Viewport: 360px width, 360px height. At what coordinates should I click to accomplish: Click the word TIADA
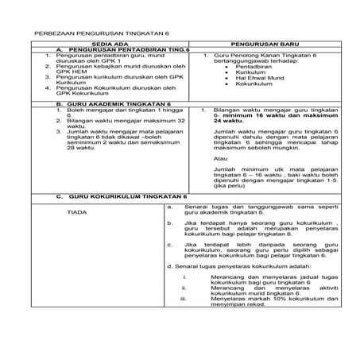tap(77, 212)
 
